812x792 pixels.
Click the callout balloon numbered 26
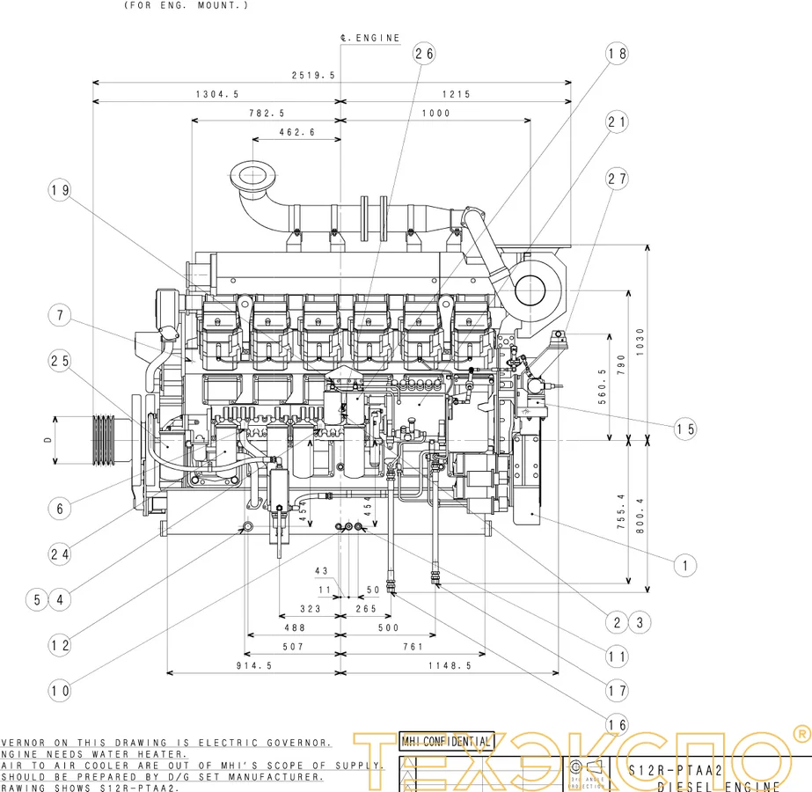[424, 54]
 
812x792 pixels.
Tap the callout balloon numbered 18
[618, 54]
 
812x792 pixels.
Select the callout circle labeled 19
[60, 190]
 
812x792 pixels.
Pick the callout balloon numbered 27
[618, 179]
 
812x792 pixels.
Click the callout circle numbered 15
[685, 429]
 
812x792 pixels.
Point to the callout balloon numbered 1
[685, 564]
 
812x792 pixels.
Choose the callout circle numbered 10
[60, 691]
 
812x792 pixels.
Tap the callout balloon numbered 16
[618, 724]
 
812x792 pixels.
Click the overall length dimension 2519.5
[314, 76]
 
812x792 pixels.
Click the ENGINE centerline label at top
[370, 38]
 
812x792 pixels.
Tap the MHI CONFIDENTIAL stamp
[447, 741]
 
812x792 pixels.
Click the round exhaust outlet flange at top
[252, 173]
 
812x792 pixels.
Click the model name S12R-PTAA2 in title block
[676, 770]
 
